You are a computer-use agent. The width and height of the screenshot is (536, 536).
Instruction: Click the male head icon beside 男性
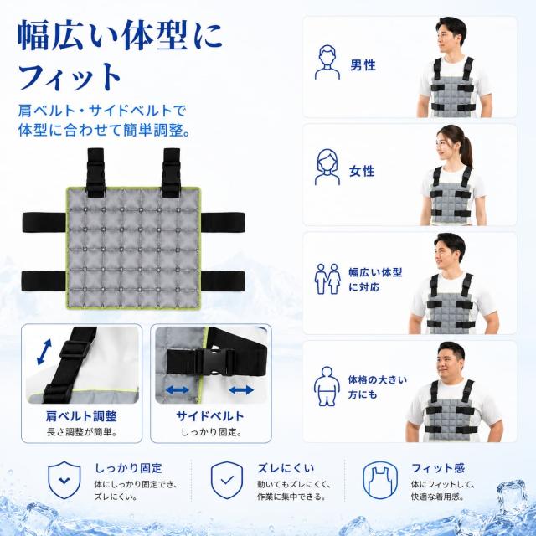click(327, 63)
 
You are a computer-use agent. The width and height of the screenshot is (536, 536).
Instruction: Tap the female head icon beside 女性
click(327, 167)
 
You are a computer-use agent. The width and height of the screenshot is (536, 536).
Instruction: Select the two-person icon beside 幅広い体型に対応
click(327, 279)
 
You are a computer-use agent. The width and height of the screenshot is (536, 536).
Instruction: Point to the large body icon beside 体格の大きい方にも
click(327, 386)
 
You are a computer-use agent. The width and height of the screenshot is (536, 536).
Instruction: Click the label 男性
click(363, 65)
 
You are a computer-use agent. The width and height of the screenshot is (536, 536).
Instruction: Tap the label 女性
click(362, 171)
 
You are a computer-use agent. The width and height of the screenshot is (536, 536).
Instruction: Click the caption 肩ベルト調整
click(81, 416)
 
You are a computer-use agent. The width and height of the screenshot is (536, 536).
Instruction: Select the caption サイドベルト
click(210, 416)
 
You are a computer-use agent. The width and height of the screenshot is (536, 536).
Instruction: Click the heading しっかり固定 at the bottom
click(128, 467)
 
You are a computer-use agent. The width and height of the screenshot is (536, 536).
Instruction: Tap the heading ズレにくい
click(286, 467)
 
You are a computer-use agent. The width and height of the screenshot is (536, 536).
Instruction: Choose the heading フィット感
click(438, 467)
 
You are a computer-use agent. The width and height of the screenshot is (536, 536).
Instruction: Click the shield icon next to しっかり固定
click(64, 480)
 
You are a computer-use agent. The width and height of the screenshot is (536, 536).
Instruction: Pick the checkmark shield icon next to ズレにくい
click(227, 480)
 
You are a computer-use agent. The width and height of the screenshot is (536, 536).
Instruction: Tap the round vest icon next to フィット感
click(380, 480)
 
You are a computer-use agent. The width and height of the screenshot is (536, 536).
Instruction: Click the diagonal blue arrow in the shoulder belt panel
click(44, 352)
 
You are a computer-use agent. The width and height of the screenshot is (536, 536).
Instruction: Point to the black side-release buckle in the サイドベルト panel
click(214, 362)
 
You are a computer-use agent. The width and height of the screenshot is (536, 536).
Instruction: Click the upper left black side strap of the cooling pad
click(44, 222)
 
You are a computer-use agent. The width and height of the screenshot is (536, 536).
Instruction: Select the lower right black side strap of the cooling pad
click(223, 281)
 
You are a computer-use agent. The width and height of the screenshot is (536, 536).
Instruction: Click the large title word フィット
click(70, 77)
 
